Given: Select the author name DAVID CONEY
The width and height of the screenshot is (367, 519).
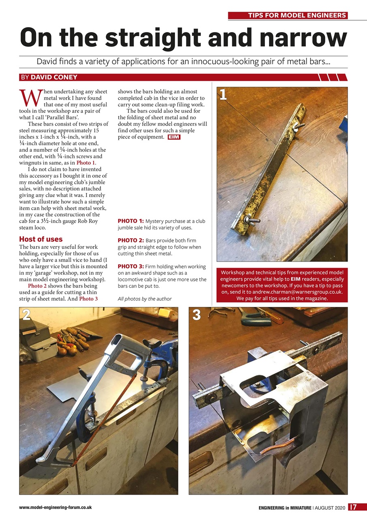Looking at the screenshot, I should click(x=54, y=77).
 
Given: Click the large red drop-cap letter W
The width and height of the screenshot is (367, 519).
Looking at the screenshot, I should click(x=30, y=97).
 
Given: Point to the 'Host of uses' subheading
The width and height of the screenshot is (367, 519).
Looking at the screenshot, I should click(x=41, y=239).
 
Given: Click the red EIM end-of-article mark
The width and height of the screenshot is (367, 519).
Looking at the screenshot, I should click(x=174, y=137).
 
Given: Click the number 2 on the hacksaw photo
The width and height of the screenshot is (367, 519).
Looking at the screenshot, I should click(x=26, y=315).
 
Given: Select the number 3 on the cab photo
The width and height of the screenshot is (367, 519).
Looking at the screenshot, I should click(x=196, y=315).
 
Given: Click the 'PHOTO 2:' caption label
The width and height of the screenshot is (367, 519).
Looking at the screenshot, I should click(x=130, y=240).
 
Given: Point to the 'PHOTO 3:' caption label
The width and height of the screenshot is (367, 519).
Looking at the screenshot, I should click(x=130, y=266).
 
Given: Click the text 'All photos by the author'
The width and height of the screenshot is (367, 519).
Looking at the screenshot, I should click(x=145, y=299).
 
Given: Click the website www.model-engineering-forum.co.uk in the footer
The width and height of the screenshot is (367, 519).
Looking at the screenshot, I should click(x=55, y=507).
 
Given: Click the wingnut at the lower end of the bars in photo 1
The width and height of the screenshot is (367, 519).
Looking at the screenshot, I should click(x=248, y=220).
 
